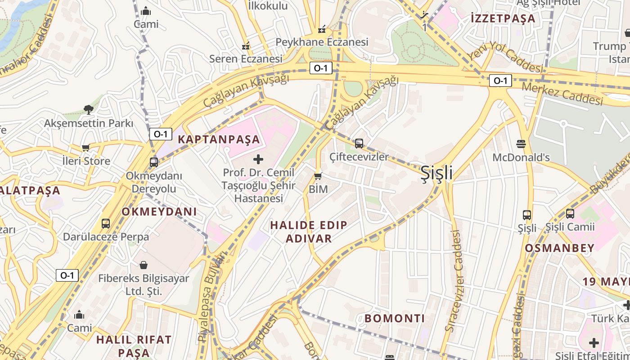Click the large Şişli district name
tap(436, 173)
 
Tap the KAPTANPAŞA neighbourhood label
tap(219, 139)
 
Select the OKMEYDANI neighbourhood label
tap(159, 211)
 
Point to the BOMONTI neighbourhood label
tap(395, 319)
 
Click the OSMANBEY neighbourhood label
tap(559, 248)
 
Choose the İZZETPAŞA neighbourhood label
tap(503, 18)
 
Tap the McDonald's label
tap(521, 157)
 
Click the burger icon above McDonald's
tap(521, 144)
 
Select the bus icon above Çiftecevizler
tap(359, 144)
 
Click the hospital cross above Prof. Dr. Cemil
tap(258, 159)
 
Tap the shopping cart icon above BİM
tap(318, 176)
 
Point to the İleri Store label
tap(86, 161)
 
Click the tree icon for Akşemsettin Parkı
tap(89, 109)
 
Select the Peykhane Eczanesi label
tap(322, 42)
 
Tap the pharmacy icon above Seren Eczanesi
tap(246, 45)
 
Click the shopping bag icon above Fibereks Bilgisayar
tap(144, 265)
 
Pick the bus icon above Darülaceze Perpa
tap(106, 223)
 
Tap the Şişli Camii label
tap(570, 227)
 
